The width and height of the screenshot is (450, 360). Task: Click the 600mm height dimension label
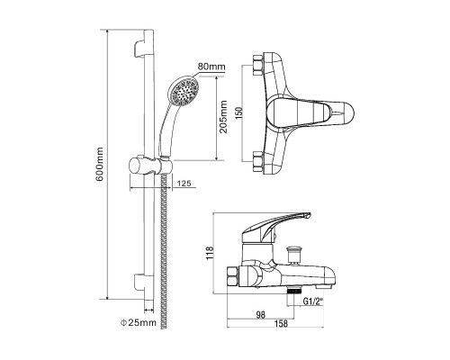pyautogui.click(x=100, y=164)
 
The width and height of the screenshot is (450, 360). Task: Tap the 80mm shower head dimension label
pyautogui.click(x=211, y=67)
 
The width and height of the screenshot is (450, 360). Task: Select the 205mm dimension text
pyautogui.click(x=223, y=117)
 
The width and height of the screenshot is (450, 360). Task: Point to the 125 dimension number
pyautogui.click(x=184, y=183)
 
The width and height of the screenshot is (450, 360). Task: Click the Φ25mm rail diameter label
pyautogui.click(x=139, y=322)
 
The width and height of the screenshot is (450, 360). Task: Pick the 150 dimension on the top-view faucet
pyautogui.click(x=239, y=112)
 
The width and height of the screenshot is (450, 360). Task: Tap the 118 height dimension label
pyautogui.click(x=210, y=253)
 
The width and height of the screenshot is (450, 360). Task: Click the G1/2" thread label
pyautogui.click(x=313, y=301)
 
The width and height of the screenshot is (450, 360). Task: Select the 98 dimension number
pyautogui.click(x=261, y=314)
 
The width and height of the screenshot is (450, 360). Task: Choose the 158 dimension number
pyautogui.click(x=281, y=323)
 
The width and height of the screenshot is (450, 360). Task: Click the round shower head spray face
pyautogui.click(x=184, y=91)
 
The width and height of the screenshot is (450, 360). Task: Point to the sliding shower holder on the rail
pyautogui.click(x=150, y=166)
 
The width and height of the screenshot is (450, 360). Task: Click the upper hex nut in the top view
pyautogui.click(x=258, y=65)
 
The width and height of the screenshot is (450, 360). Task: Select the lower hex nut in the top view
pyautogui.click(x=258, y=162)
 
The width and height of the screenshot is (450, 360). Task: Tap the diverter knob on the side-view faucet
pyautogui.click(x=292, y=254)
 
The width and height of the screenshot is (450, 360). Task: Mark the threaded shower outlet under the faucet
pyautogui.click(x=294, y=291)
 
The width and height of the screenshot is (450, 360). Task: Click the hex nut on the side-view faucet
pyautogui.click(x=233, y=276)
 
